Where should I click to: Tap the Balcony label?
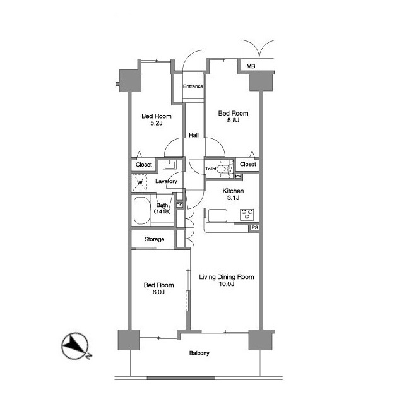pos(199,353)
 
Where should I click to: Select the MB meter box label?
pos(251,66)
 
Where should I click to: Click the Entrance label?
pos(193,86)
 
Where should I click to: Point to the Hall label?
pos(194,135)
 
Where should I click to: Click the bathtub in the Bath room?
pos(142,211)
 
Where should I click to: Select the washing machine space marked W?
pos(140,182)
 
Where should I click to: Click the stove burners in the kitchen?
pos(247,215)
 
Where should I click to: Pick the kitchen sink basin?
pos(218,215)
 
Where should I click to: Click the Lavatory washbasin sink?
pos(170,164)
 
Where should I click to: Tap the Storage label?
pos(154,239)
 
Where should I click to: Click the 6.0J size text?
pos(158,292)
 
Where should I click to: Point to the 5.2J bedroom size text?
pos(157,123)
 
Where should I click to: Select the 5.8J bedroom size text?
pos(233,120)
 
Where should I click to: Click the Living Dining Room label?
pos(227,277)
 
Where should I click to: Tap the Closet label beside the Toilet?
pos(248,164)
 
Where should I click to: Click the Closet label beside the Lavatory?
pos(144,165)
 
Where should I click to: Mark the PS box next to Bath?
pos(179,205)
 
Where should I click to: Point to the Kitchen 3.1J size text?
pos(233,198)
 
